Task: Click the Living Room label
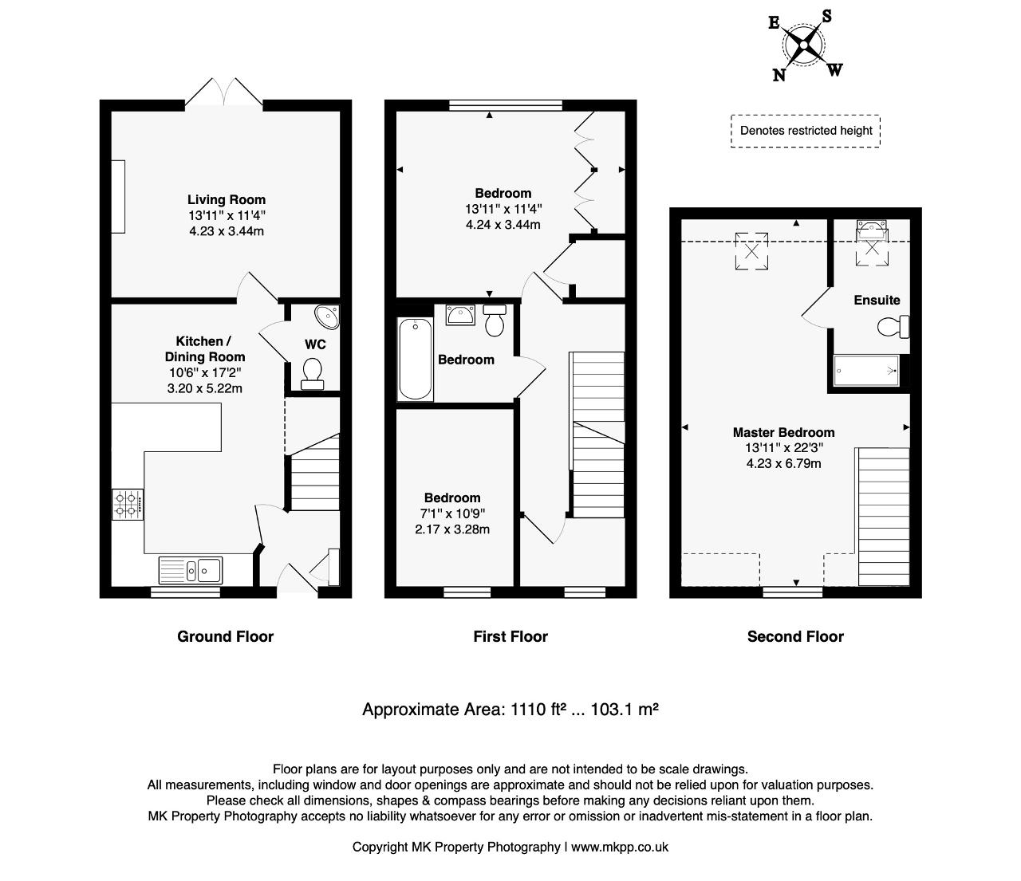tap(227, 199)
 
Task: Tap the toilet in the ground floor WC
tap(312, 374)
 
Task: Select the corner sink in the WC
tap(327, 317)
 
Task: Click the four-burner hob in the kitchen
tap(128, 504)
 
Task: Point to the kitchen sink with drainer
tap(191, 570)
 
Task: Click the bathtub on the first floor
tap(416, 359)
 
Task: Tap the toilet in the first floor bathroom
tap(495, 320)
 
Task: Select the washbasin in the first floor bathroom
tap(460, 315)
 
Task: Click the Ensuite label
tap(877, 300)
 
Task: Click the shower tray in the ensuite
tap(866, 371)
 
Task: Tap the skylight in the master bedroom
tap(751, 251)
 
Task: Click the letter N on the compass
tap(779, 75)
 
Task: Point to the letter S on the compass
tap(826, 16)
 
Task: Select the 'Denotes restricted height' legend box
tap(806, 131)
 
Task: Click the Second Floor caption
tap(795, 636)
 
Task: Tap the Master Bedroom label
tap(783, 432)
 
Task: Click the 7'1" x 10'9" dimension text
tap(452, 513)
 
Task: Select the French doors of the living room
tap(224, 92)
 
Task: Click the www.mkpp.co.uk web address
tap(620, 847)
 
